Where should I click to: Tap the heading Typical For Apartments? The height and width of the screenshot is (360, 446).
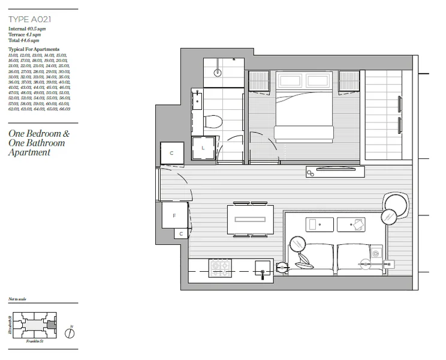point(34,49)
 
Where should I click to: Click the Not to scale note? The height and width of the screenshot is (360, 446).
point(17,299)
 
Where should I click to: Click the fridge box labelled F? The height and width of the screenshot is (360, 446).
point(174,214)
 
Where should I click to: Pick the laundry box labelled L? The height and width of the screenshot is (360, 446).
point(203,148)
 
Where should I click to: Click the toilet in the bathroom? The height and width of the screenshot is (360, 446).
point(213,122)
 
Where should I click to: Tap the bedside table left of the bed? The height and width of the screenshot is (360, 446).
point(260,81)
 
